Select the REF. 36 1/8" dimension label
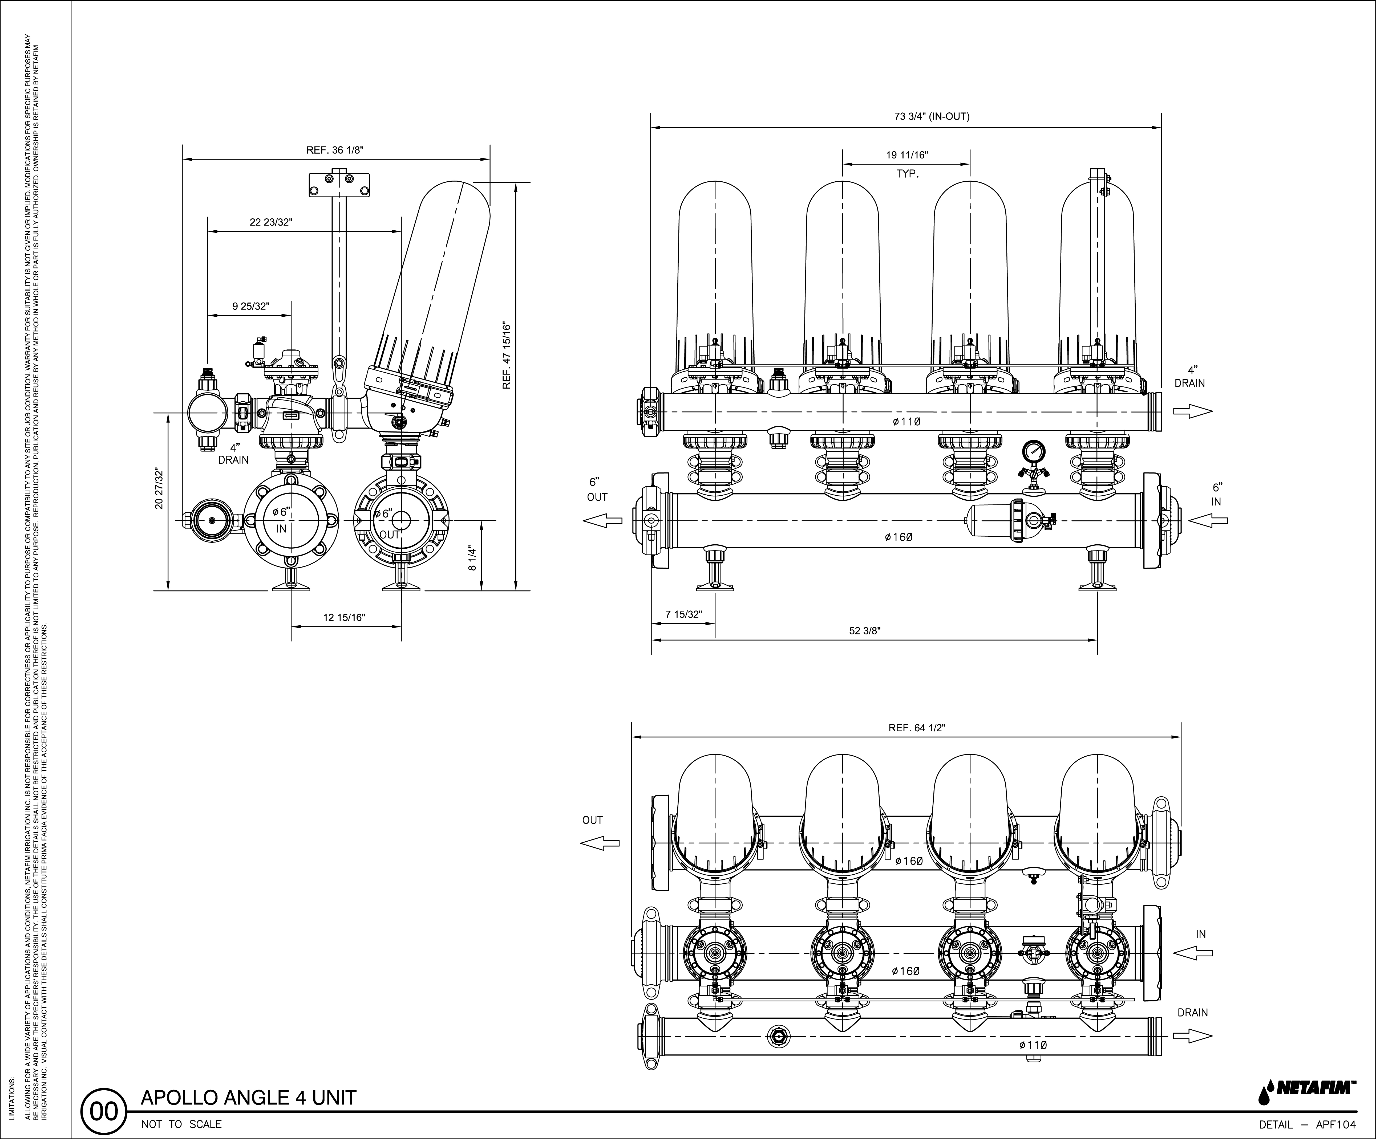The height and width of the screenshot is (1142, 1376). tap(335, 150)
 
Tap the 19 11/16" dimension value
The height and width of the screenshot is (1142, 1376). tap(907, 155)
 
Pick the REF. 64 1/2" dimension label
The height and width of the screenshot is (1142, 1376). tap(917, 728)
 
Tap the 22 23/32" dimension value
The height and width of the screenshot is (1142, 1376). tap(271, 222)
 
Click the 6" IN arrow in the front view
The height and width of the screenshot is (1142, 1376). tap(1207, 521)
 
